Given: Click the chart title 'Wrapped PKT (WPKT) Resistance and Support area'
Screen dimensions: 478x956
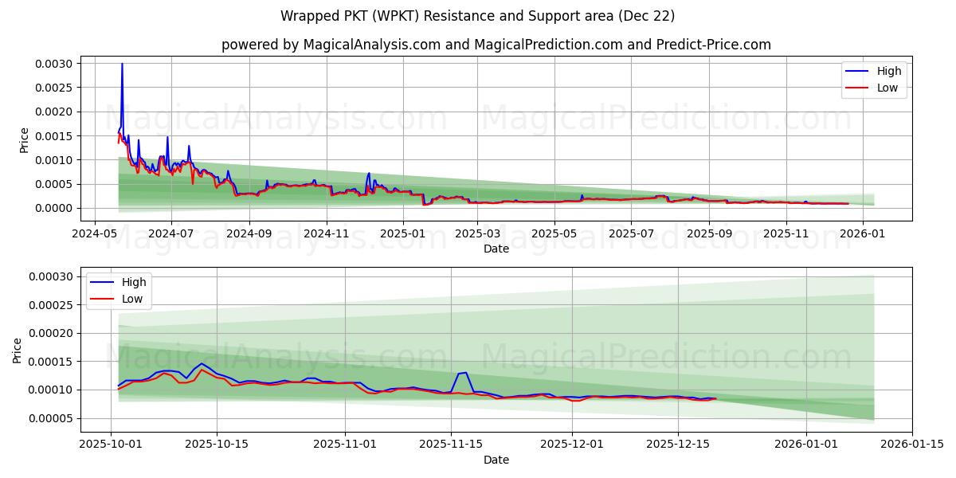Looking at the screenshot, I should (478, 16).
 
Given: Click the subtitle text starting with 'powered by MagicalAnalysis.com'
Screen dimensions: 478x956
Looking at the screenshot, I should (496, 45).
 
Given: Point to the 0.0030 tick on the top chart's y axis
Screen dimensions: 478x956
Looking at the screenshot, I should (52, 64).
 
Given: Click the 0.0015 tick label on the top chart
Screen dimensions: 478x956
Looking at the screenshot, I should (52, 136).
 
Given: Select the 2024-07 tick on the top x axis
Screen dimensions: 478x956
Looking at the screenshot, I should (170, 234).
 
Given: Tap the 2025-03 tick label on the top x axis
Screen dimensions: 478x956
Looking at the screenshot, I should (476, 234).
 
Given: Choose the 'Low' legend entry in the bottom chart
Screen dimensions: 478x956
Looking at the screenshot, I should (132, 299).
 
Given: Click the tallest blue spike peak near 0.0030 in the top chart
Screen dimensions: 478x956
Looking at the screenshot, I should (122, 64).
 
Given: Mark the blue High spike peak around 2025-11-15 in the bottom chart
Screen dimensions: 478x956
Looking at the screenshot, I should (465, 372).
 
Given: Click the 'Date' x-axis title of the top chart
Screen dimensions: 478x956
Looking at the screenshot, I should (496, 249).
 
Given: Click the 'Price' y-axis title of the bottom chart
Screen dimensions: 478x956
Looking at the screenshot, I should (18, 350).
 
